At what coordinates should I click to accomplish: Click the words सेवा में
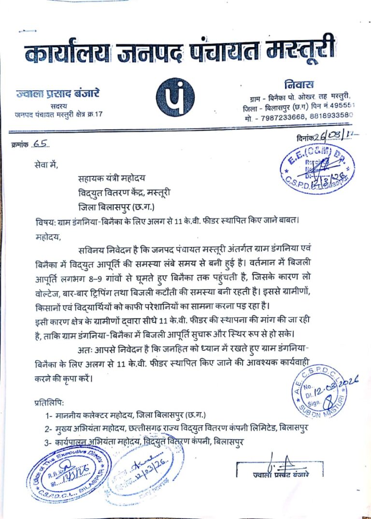[43, 166]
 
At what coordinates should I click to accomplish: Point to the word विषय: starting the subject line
[46, 223]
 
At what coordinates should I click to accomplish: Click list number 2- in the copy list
[49, 429]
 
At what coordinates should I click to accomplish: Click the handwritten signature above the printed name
[282, 461]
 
